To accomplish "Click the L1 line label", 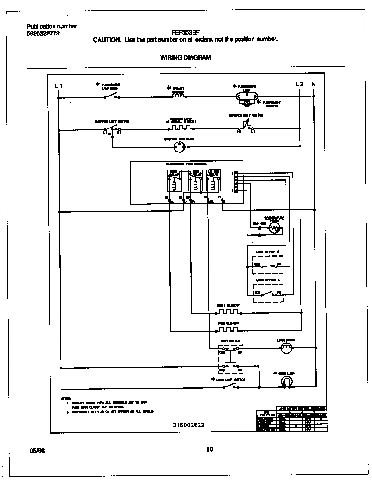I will pos(59,86).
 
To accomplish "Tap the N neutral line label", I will pos(313,84).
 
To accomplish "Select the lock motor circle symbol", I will pos(286,348).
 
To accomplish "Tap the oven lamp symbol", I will pos(286,382).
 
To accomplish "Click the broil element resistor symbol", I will pos(228,312).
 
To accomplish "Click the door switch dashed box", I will pos(231,358).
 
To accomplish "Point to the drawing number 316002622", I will pos(189,425).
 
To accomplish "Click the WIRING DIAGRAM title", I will pos(186,57).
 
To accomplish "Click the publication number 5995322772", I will pos(43,33).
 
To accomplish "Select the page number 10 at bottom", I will pos(209,449).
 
